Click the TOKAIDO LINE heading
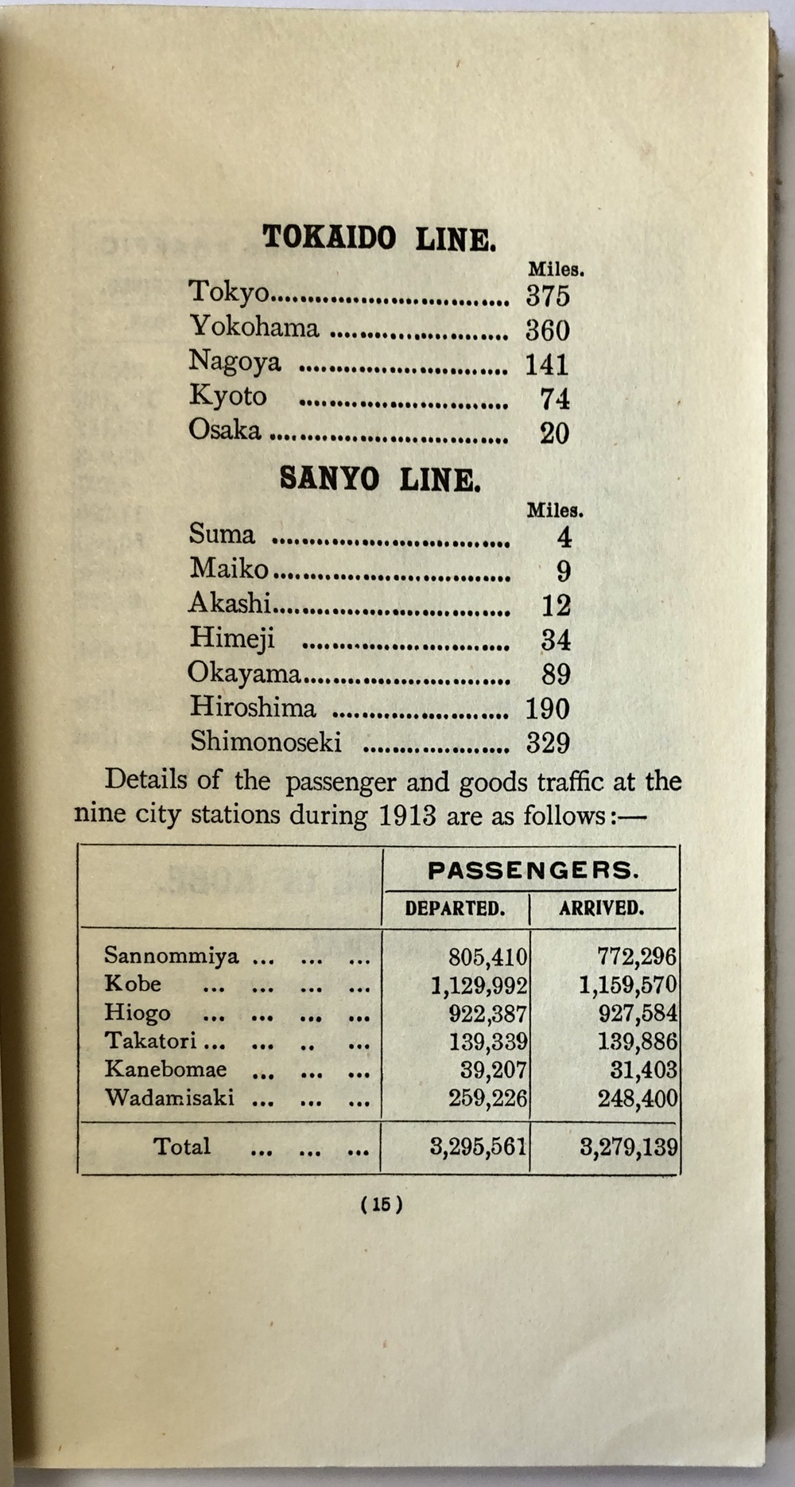coord(379,238)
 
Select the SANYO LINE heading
coord(380,479)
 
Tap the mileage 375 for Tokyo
coord(548,296)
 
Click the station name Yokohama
coord(254,328)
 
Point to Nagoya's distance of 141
coord(547,365)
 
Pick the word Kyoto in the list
coord(227,396)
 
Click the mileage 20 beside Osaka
coord(554,433)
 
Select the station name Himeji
coord(232,638)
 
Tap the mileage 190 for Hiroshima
coord(547,709)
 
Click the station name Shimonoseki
coord(266,742)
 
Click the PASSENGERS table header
coord(533,871)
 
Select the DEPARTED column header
coord(455,909)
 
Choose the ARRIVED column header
coord(601,908)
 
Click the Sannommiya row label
coord(171,955)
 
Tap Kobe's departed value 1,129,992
coord(479,986)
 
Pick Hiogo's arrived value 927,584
coord(638,1014)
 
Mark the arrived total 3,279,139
coord(628,1147)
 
